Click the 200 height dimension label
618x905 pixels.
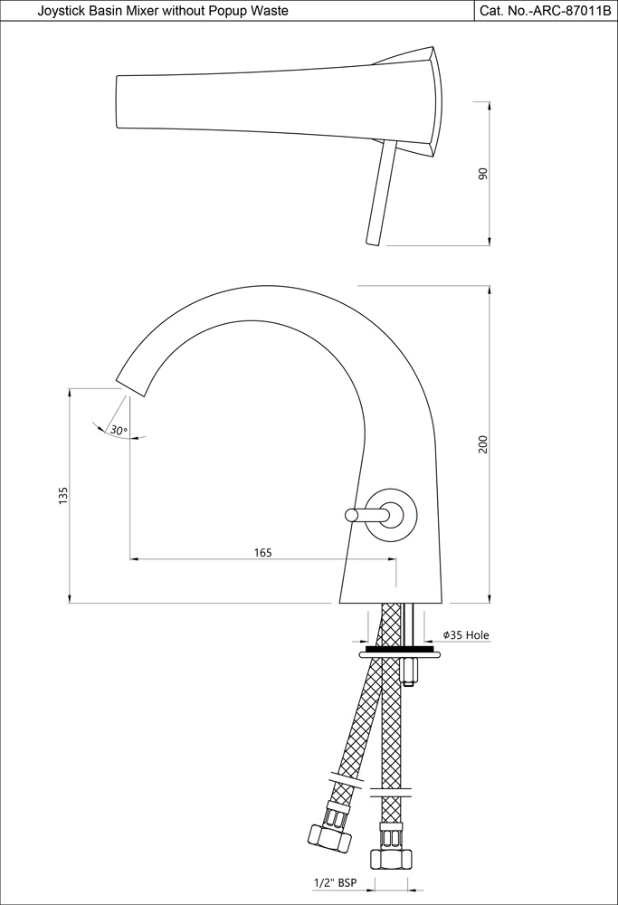(x=483, y=444)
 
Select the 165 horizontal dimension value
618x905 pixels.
(x=262, y=552)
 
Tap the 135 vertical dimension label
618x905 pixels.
(x=62, y=495)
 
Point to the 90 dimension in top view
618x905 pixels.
(x=483, y=173)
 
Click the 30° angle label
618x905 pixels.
(x=119, y=431)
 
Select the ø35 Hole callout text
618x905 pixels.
(x=465, y=635)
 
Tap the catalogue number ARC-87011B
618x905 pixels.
(x=547, y=10)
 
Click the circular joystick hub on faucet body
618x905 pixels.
(x=395, y=515)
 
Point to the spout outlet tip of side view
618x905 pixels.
(x=131, y=384)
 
